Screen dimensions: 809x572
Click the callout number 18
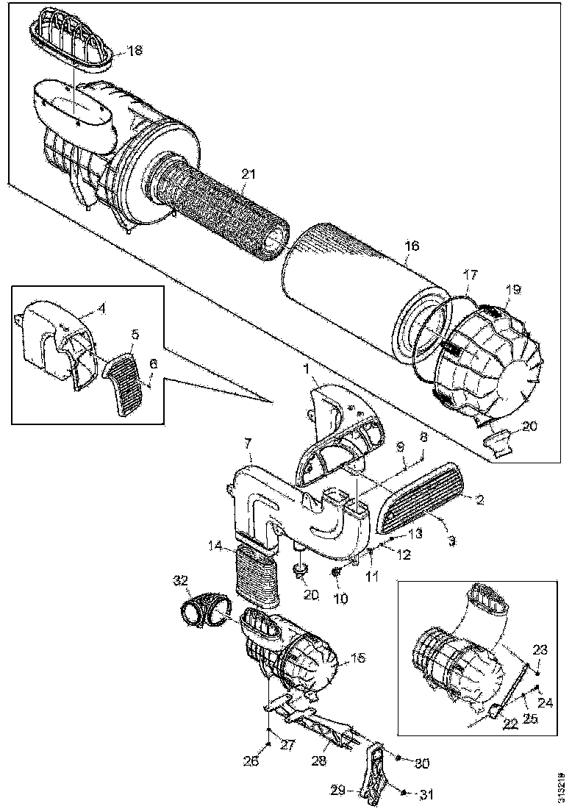pos(135,51)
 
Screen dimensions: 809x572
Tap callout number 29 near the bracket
pos(338,791)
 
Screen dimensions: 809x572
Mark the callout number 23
pos(540,649)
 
